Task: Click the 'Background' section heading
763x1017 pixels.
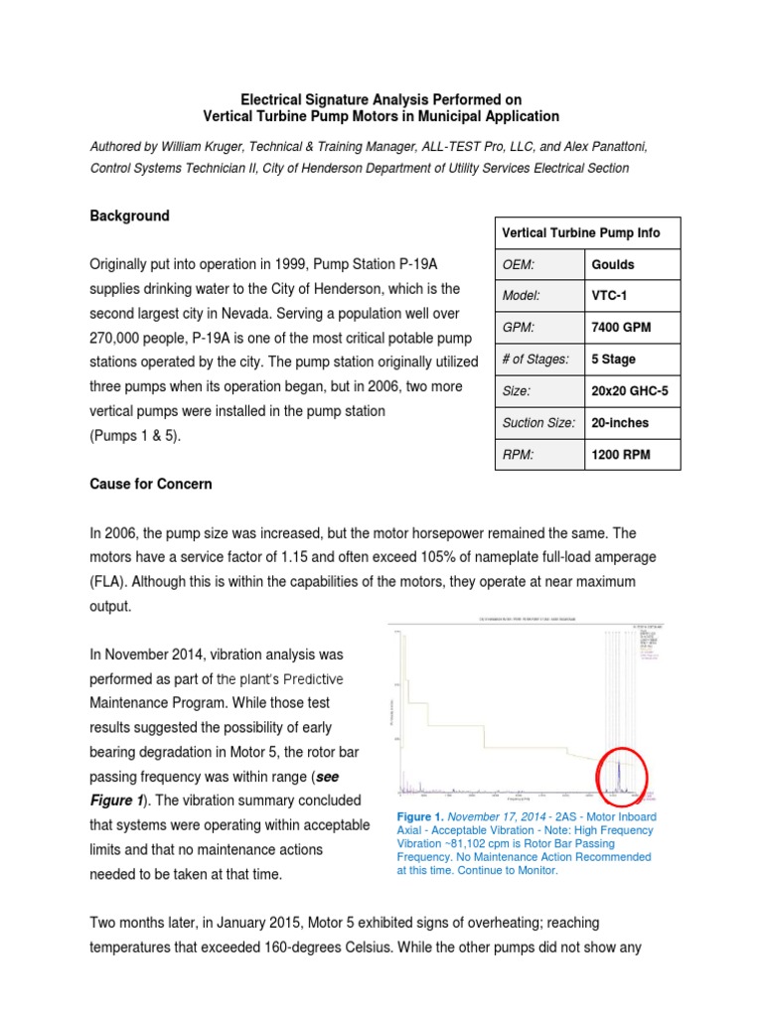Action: (x=129, y=216)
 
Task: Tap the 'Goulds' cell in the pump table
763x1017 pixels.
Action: (x=613, y=265)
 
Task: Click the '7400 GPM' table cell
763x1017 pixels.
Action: (x=622, y=328)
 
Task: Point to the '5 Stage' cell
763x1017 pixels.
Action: (x=614, y=360)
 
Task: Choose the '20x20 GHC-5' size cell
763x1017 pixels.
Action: (x=630, y=391)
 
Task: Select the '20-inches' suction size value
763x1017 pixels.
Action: (x=620, y=423)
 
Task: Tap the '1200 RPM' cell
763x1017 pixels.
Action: (x=622, y=455)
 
